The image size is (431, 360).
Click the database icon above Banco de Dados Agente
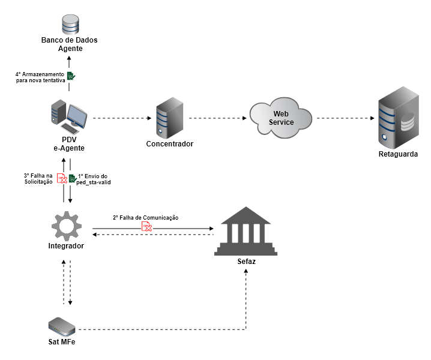70,25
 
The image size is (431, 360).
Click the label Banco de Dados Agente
70,44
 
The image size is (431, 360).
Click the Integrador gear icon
66,226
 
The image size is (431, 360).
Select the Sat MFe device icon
62,326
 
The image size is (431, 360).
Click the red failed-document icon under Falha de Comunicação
146,226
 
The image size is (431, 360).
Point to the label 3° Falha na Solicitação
38,178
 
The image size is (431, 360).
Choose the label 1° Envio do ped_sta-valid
94,178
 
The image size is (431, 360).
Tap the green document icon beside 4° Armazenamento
71,76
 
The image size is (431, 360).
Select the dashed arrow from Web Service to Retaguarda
342,118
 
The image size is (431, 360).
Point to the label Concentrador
169,144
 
